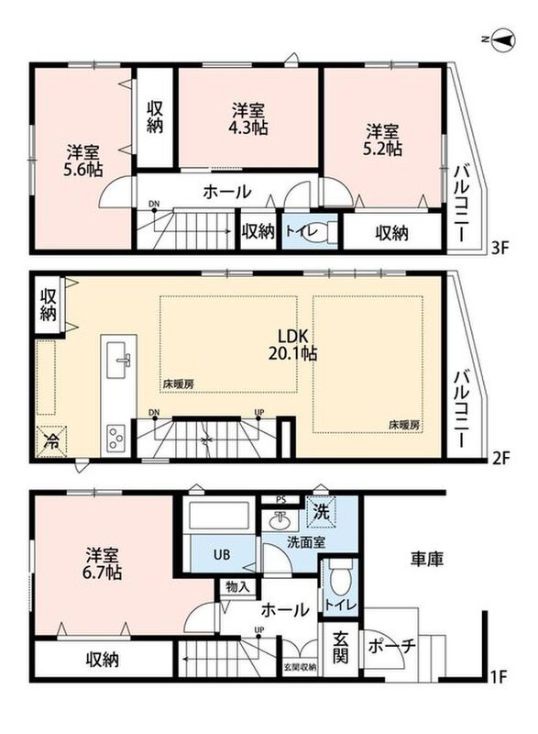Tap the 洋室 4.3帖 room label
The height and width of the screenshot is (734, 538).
click(x=248, y=119)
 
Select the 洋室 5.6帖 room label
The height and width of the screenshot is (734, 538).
click(x=82, y=161)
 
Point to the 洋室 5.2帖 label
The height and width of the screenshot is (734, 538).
click(x=382, y=139)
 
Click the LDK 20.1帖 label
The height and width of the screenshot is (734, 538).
click(x=292, y=345)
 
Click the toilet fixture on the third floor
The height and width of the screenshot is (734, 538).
click(x=319, y=233)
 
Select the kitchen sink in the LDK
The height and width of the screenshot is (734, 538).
click(x=119, y=360)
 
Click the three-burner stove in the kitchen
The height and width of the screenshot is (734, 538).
click(x=115, y=438)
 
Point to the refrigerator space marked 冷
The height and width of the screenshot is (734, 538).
click(x=51, y=440)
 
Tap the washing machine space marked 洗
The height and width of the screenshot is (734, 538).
click(x=321, y=512)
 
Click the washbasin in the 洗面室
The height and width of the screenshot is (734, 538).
click(x=280, y=519)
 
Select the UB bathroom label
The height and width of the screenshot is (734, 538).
click(x=221, y=555)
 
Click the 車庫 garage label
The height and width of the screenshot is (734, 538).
click(x=427, y=559)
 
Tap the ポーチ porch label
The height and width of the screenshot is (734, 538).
click(x=391, y=647)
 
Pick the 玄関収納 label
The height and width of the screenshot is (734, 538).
click(x=300, y=667)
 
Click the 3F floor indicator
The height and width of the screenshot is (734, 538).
click(x=500, y=248)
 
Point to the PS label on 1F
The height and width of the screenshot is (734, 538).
click(x=280, y=499)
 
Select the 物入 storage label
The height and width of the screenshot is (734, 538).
click(x=238, y=587)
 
